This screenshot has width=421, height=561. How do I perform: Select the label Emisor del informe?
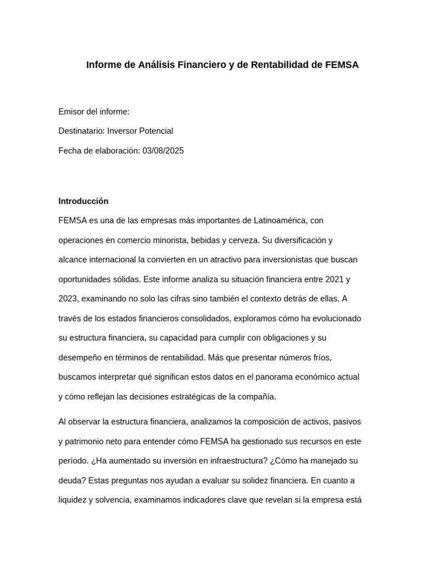coord(94,112)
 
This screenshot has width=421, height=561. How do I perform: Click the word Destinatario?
coord(81,131)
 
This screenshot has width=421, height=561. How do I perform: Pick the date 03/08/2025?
coord(163,151)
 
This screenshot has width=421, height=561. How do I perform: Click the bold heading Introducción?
coord(83,201)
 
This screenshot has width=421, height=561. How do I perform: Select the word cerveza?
coord(257,240)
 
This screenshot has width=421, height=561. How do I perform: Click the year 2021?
coord(335,279)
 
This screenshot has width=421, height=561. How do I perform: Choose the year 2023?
coord(69,299)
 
